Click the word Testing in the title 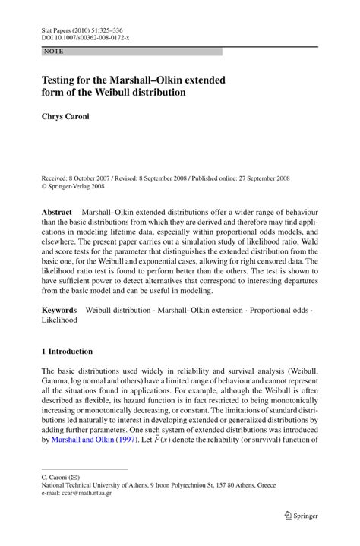(62, 79)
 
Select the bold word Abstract (58, 210)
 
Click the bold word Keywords (59, 310)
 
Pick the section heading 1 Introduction (67, 352)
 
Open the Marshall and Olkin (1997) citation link (89, 439)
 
